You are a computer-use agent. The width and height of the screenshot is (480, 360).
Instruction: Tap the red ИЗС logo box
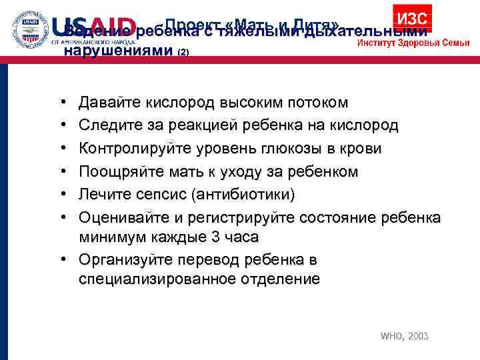(x=411, y=18)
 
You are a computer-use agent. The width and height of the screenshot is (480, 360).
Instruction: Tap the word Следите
(x=105, y=125)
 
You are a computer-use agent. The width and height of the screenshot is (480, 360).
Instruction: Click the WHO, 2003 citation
(x=404, y=336)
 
